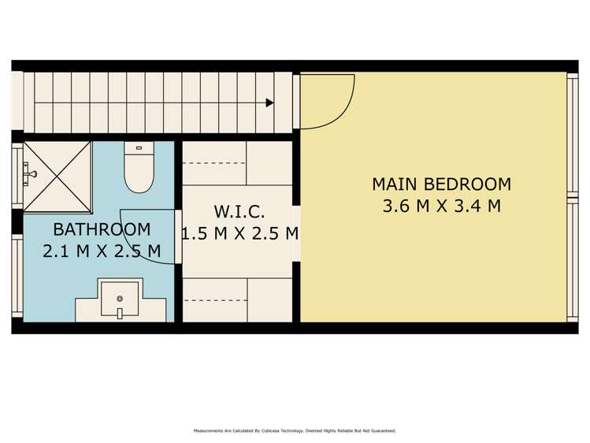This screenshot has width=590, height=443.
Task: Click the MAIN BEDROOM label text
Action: coord(442,184)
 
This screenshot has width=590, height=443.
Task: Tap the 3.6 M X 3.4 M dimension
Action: coord(442,206)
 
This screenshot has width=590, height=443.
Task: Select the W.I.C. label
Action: coord(239,211)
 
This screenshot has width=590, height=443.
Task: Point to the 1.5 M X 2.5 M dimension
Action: coord(240,233)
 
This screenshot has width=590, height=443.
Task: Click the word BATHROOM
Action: coord(102,229)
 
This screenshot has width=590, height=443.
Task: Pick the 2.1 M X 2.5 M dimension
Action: coord(102,251)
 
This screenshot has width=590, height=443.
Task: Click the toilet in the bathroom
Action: coord(139,167)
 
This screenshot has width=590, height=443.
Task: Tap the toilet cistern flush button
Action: coord(139,148)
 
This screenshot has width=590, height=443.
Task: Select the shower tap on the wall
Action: coord(30,174)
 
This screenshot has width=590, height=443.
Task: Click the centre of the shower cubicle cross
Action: coord(58,177)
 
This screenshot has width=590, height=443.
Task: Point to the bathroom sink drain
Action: coord(120,299)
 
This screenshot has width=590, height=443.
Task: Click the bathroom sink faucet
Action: coord(120,313)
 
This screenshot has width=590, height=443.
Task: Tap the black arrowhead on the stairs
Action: coord(269,102)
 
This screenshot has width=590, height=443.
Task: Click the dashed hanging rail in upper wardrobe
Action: coord(213,163)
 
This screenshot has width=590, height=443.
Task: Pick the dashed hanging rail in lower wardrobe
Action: coord(215,300)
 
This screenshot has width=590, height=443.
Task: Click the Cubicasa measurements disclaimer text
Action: coord(295,430)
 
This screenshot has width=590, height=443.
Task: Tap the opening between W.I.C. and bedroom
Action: coord(296,234)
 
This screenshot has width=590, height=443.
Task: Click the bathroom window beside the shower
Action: coord(17,176)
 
